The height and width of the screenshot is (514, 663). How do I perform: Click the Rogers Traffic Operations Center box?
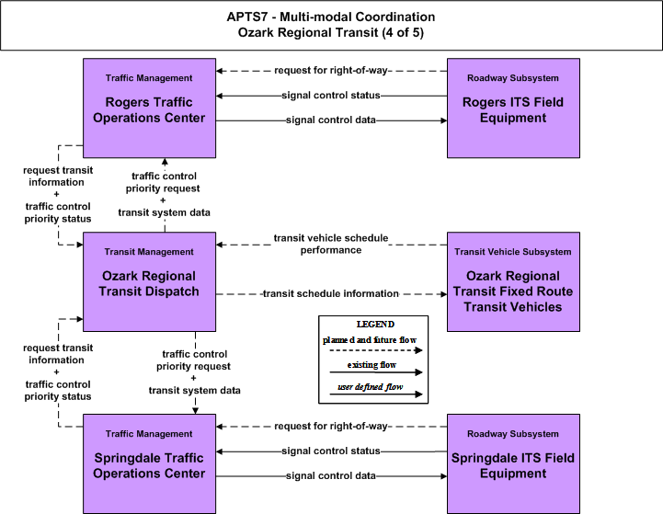tap(149, 109)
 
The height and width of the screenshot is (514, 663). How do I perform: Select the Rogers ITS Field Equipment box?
tap(513, 109)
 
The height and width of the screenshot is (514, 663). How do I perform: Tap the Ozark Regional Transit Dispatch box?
tap(149, 281)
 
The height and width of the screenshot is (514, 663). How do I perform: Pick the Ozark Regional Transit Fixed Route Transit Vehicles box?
tap(513, 281)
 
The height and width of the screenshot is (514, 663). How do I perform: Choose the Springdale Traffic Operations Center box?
tap(149, 463)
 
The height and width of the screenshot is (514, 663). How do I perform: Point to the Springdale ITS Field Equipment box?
tap(513, 463)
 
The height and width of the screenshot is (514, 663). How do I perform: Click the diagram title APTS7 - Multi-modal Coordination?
tap(331, 17)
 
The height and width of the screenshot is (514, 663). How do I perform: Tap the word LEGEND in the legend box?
tap(375, 325)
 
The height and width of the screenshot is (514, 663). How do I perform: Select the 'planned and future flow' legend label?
tap(370, 340)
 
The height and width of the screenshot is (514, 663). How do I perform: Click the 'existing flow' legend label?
tap(372, 365)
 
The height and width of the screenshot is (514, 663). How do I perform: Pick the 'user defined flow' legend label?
tap(370, 387)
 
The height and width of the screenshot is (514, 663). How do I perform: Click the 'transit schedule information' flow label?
tap(331, 293)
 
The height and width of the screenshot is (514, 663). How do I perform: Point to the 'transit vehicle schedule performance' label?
tap(331, 244)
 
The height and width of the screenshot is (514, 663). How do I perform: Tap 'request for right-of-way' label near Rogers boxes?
tap(331, 70)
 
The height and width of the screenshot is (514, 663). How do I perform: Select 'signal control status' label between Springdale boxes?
tap(331, 451)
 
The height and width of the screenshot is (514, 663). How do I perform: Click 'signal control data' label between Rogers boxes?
tap(331, 120)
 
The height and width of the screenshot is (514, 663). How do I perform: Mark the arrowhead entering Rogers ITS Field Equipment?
tap(443, 120)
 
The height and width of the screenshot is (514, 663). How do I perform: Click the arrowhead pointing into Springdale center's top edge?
tap(195, 410)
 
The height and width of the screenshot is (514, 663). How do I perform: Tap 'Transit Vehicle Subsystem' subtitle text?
tap(513, 252)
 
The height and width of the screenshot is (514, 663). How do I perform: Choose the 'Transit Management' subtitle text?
tap(149, 252)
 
